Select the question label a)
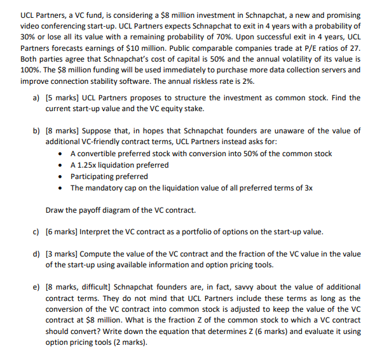point(36,98)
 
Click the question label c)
point(36,232)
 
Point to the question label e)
point(36,287)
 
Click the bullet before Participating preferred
point(59,177)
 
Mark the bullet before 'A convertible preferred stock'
point(59,154)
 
